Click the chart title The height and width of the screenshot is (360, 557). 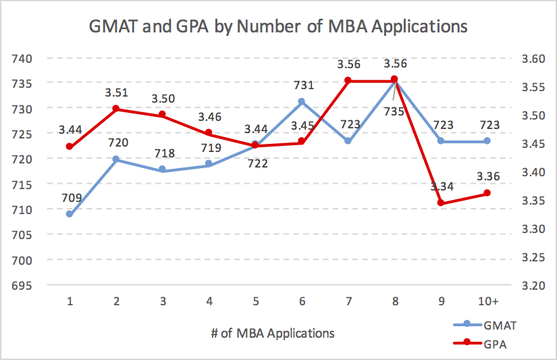(279, 28)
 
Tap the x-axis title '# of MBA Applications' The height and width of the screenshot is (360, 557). (279, 332)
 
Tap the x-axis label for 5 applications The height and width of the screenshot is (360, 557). (255, 300)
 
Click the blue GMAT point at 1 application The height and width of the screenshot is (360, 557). (70, 213)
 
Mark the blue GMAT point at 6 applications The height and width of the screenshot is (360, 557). (301, 102)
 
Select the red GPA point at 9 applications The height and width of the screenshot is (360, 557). (440, 203)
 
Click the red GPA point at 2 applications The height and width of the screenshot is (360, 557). (116, 109)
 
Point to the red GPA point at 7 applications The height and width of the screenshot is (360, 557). (348, 80)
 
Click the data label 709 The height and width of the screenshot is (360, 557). (71, 199)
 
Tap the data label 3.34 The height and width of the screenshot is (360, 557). (442, 187)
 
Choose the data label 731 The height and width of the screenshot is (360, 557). (302, 86)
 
